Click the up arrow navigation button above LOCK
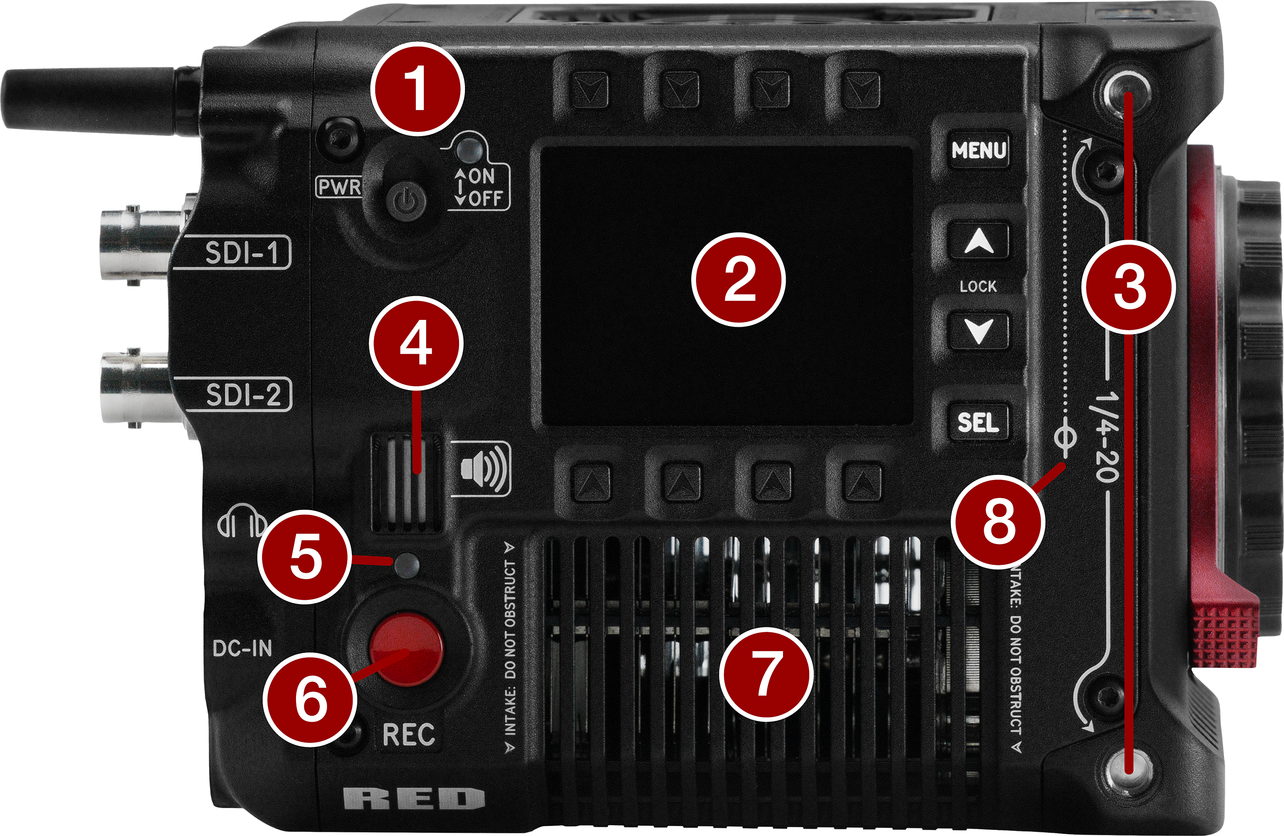point(978,242)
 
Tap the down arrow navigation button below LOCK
point(978,330)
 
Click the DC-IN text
point(242,649)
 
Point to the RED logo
point(414,799)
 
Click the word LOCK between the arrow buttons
point(978,286)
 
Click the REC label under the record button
point(408,735)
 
